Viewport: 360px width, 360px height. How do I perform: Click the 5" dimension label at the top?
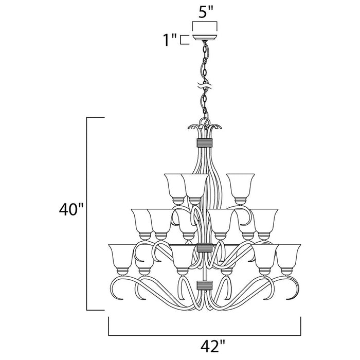205,11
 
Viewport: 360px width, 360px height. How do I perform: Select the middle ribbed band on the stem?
205,248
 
